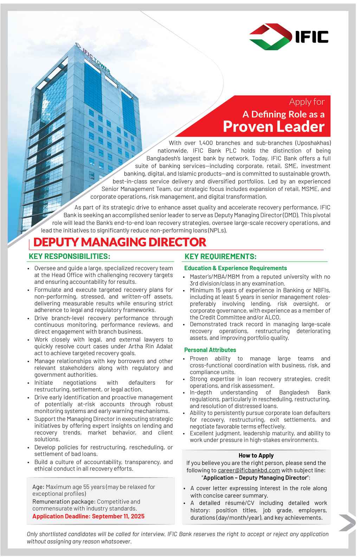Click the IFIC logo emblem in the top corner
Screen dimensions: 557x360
pos(270,37)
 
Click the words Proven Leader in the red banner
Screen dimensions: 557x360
pos(274,127)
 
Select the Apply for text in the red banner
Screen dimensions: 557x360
pos(307,102)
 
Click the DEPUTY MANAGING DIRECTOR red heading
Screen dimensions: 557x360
pos(119,242)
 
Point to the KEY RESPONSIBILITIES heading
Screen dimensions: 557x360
pos(70,256)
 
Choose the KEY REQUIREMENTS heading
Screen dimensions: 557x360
pos(220,256)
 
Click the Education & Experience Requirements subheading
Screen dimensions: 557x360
pos(236,268)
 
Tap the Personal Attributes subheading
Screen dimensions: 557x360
pos(210,350)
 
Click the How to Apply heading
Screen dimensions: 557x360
pos(256,455)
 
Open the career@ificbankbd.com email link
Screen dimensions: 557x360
pos(249,470)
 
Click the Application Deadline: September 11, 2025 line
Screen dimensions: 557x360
pos(88,516)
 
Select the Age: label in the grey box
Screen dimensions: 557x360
pos(38,487)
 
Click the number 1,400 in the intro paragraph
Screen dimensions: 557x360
pos(206,143)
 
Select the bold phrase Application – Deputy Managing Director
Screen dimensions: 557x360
pos(255,478)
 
